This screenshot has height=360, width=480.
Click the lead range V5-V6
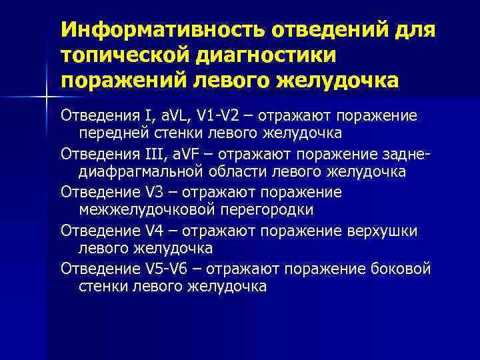171,269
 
